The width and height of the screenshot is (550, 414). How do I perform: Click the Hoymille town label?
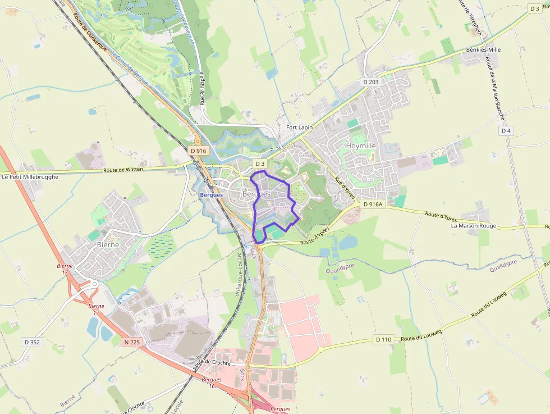(361, 145)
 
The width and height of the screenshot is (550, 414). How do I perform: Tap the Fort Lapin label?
(299, 128)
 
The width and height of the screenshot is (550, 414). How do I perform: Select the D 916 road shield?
(199, 151)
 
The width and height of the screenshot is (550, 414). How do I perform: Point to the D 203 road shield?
(371, 82)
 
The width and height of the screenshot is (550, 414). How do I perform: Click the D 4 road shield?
(506, 131)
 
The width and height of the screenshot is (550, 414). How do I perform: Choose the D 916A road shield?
(372, 204)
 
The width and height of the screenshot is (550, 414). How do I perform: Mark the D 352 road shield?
(33, 342)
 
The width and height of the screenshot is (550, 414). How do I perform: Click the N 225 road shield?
(132, 342)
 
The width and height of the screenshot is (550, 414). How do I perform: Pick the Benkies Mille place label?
(483, 49)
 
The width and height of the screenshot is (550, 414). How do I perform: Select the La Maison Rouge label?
(473, 226)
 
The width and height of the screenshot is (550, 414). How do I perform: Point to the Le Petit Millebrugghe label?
(30, 177)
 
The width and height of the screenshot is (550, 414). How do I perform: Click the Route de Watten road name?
(123, 169)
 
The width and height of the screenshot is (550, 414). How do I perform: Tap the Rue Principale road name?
(202, 88)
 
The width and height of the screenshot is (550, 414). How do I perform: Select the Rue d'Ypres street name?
(345, 188)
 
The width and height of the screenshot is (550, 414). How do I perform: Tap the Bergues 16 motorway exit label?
(212, 383)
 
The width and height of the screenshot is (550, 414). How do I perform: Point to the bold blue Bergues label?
(211, 195)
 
